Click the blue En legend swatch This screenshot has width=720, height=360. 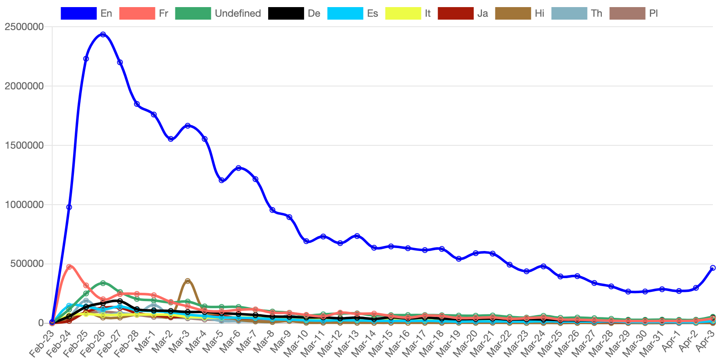tap(78, 13)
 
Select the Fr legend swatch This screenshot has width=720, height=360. tap(137, 13)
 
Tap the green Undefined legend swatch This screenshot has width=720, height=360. tap(193, 13)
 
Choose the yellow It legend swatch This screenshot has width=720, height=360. tap(403, 13)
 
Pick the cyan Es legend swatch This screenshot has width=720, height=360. tap(345, 13)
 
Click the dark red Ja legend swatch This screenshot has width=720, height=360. tap(456, 13)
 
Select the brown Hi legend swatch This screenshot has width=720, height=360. tap(513, 13)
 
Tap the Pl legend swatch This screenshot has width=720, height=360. tap(627, 13)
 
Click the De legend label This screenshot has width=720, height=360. tap(314, 13)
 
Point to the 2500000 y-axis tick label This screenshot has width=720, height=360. tap(24, 27)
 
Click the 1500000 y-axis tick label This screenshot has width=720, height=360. tap(24, 145)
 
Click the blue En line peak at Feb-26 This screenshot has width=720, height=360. tap(103, 34)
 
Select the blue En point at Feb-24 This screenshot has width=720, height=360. tap(69, 207)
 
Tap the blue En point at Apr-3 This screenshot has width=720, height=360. tap(712, 268)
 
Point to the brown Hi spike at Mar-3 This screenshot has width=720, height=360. tap(188, 281)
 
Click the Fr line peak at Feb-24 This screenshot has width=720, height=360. tap(69, 266)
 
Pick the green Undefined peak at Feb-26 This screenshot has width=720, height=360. tap(103, 283)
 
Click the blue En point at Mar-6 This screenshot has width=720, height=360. tap(238, 168)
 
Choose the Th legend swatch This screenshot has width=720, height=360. tap(569, 13)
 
